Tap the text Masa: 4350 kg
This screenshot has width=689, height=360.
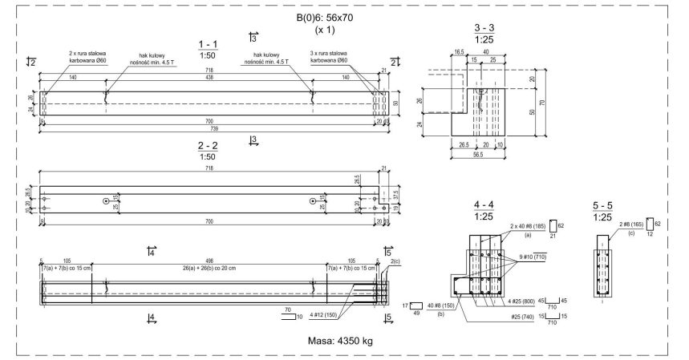(341, 340)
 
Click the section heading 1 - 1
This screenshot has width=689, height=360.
(210, 42)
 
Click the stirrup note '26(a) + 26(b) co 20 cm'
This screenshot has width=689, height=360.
(210, 270)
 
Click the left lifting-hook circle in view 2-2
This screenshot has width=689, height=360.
(106, 202)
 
